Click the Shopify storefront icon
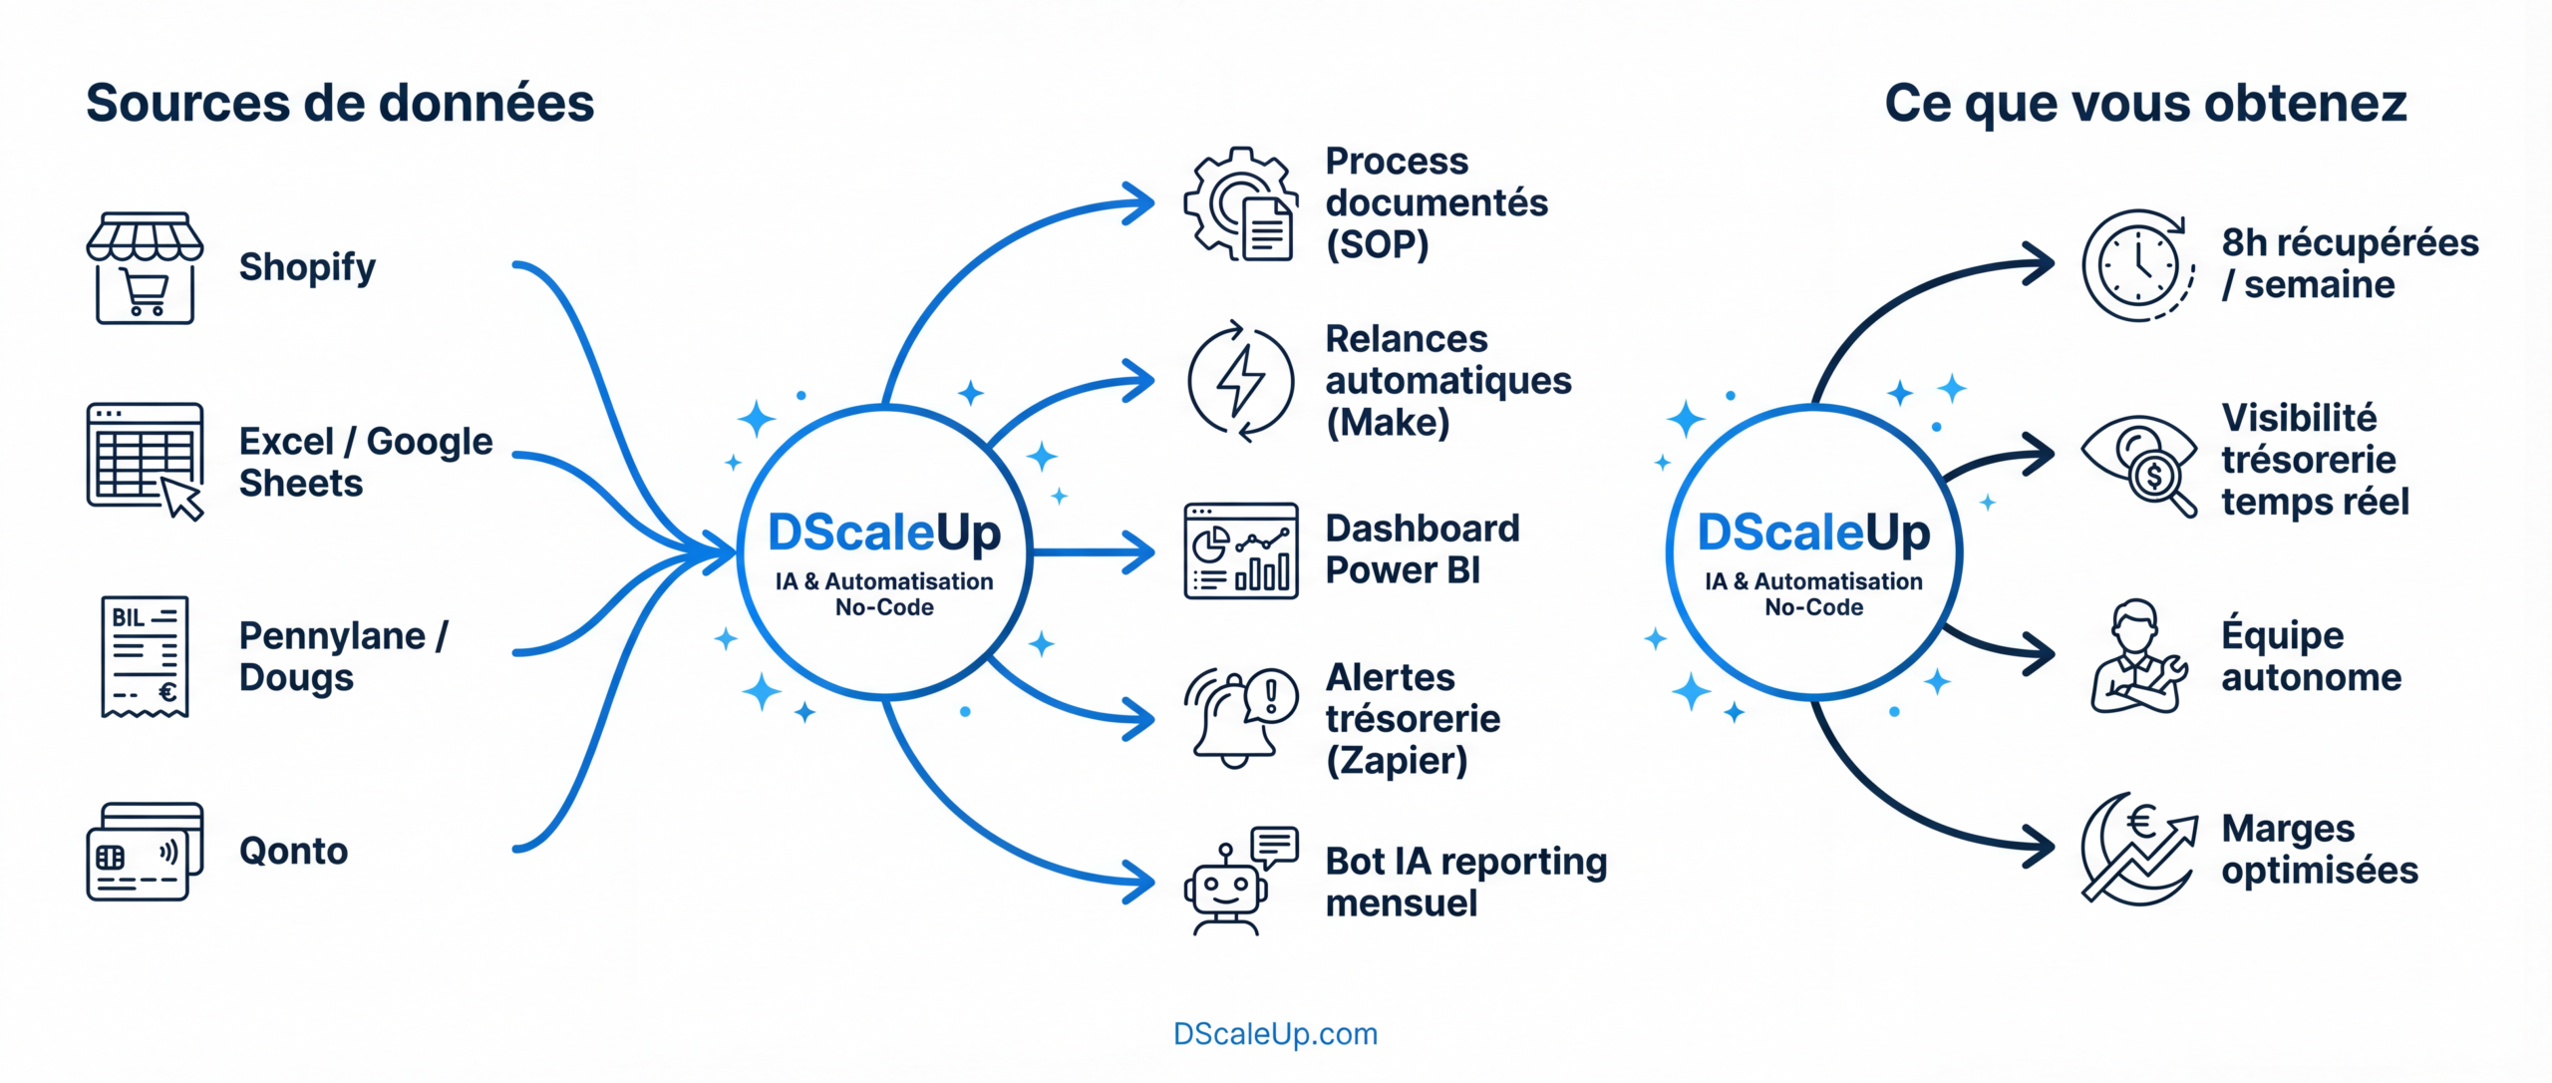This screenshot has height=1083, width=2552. pyautogui.click(x=145, y=267)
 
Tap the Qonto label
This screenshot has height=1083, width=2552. pyautogui.click(x=293, y=851)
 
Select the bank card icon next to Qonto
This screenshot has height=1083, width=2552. pyautogui.click(x=145, y=852)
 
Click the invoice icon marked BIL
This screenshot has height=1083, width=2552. pyautogui.click(x=145, y=656)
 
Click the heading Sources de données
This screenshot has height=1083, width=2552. pyautogui.click(x=339, y=103)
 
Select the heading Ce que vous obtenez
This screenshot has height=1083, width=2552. pyautogui.click(x=2145, y=103)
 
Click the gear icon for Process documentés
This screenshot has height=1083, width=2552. pyautogui.click(x=1239, y=203)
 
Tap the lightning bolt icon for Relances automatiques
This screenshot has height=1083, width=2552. pyautogui.click(x=1240, y=380)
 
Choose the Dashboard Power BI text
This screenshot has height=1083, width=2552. pyautogui.click(x=1422, y=549)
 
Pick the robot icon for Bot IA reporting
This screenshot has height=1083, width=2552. pyautogui.click(x=1239, y=882)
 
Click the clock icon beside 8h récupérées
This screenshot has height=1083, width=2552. pyautogui.click(x=2137, y=265)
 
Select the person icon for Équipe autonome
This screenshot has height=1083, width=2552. pyautogui.click(x=2137, y=656)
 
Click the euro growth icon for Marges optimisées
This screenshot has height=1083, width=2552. pyautogui.click(x=2139, y=848)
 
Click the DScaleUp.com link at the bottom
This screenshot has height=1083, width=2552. pyautogui.click(x=1275, y=1034)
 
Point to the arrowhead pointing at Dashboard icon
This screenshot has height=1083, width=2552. pyautogui.click(x=1139, y=551)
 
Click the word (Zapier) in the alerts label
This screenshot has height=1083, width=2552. pyautogui.click(x=1396, y=761)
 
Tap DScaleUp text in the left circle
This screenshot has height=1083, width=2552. pyautogui.click(x=883, y=533)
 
